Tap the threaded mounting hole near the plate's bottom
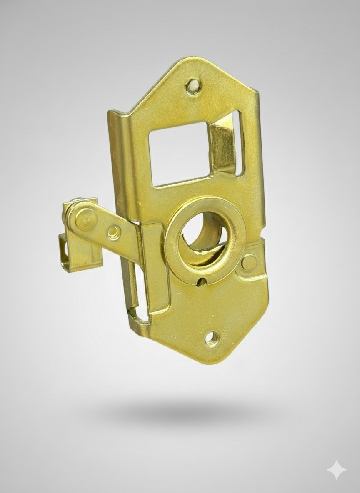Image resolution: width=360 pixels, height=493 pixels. click(x=212, y=338)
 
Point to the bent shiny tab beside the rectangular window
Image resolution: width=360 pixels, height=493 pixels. click(x=223, y=144)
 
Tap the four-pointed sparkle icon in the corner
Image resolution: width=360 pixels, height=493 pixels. click(x=336, y=470)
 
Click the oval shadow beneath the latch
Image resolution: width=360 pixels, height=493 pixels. click(x=183, y=412)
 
